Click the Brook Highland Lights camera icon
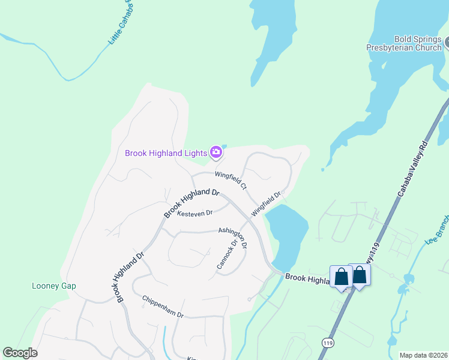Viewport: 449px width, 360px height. tap(216, 153)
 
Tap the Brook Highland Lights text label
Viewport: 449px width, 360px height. tap(166, 153)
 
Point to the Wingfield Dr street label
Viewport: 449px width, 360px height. tap(266, 204)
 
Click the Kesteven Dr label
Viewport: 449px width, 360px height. tap(194, 213)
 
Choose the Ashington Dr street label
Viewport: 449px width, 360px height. tap(232, 237)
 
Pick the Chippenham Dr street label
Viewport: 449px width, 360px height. tap(162, 306)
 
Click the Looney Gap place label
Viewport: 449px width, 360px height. tap(54, 286)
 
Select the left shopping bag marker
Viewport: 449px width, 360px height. tap(341, 277)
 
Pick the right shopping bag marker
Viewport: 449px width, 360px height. tap(360, 275)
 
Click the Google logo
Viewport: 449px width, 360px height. tap(20, 353)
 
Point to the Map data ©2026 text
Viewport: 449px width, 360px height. tap(423, 355)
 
